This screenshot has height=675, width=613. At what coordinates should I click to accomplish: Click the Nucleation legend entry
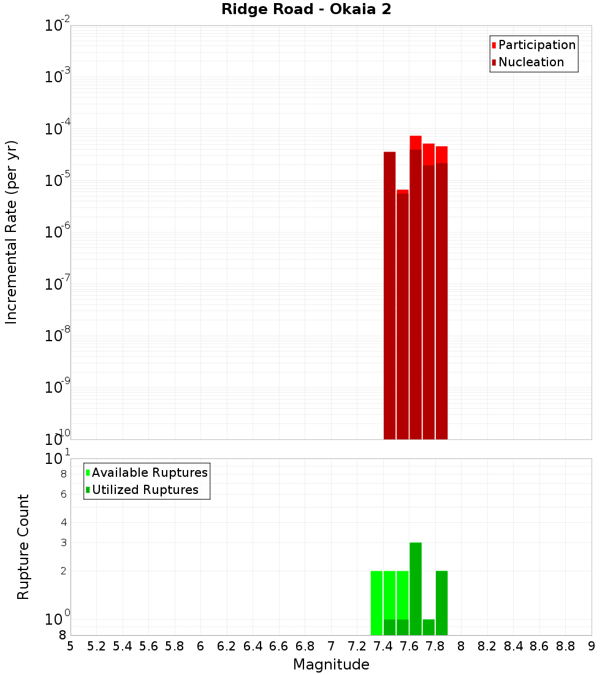click(x=531, y=62)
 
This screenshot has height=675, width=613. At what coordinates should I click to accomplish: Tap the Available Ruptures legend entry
click(x=150, y=472)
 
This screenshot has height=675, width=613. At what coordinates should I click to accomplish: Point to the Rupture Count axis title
click(x=23, y=547)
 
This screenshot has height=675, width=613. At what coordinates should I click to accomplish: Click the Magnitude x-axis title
click(x=331, y=665)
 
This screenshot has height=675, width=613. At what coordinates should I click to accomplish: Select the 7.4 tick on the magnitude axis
click(x=383, y=646)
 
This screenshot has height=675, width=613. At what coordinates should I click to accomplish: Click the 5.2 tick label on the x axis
click(x=96, y=646)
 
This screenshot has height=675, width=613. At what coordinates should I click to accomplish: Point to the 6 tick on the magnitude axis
click(x=200, y=646)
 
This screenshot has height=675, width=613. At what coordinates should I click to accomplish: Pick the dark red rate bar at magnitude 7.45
click(x=389, y=295)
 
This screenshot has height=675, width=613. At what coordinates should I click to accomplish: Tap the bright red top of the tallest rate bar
click(x=416, y=142)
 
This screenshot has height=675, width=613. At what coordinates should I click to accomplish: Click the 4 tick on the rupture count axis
click(x=63, y=522)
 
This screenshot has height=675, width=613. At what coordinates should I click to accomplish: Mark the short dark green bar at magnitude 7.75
click(x=428, y=627)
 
